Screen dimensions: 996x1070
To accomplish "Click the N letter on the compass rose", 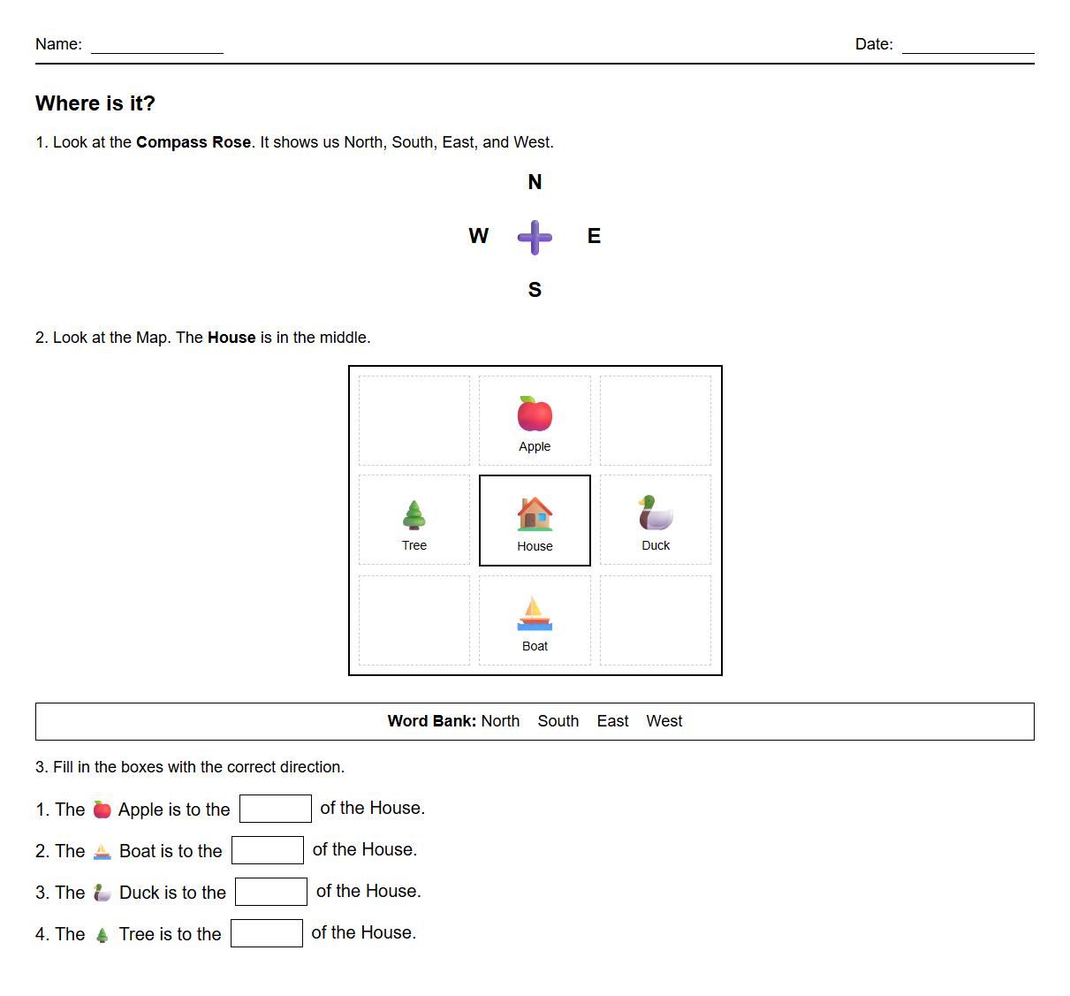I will (x=535, y=182).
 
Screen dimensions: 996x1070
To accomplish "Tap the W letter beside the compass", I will (x=478, y=236).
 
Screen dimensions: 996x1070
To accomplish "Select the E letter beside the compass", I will (x=594, y=236).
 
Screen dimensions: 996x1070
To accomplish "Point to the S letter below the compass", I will (x=535, y=290).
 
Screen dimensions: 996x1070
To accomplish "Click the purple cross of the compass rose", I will (x=535, y=237).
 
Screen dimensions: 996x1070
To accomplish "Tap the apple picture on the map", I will (x=535, y=414).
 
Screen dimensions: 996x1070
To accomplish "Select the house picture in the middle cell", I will (x=535, y=513).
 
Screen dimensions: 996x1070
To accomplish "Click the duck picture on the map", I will (x=656, y=513).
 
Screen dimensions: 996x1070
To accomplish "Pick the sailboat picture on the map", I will (x=535, y=613).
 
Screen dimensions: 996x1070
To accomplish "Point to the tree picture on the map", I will (x=414, y=513).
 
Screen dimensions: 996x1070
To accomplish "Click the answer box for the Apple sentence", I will (x=276, y=809).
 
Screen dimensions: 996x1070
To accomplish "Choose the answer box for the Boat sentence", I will (x=268, y=850).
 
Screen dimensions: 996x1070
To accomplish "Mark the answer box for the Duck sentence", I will (x=271, y=892).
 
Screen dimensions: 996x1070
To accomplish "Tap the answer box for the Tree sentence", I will (x=267, y=933).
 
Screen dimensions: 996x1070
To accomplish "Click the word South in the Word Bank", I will (x=558, y=721).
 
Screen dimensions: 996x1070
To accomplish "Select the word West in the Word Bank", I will (x=664, y=721).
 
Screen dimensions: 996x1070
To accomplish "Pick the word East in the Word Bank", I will (x=612, y=721).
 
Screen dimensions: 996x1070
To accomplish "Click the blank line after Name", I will (x=157, y=48).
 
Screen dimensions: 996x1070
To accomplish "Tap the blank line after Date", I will (x=968, y=48).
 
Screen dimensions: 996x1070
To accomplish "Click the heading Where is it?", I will (x=95, y=103).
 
